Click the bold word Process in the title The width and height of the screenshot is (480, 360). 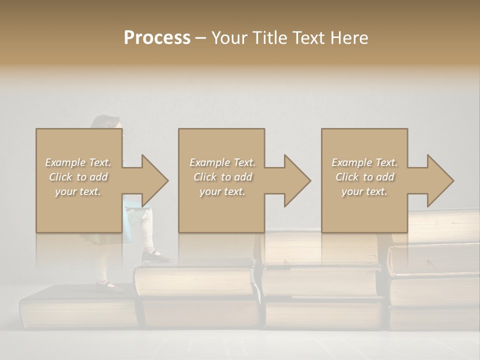click(157, 38)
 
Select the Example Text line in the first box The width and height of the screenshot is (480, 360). click(78, 162)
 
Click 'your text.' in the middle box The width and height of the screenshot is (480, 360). click(222, 191)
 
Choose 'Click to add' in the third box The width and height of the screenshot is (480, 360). click(364, 177)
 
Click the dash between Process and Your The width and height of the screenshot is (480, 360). click(200, 38)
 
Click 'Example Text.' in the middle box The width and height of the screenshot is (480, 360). click(222, 162)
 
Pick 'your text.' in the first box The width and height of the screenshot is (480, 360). click(78, 191)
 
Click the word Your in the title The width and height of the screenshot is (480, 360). click(228, 38)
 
